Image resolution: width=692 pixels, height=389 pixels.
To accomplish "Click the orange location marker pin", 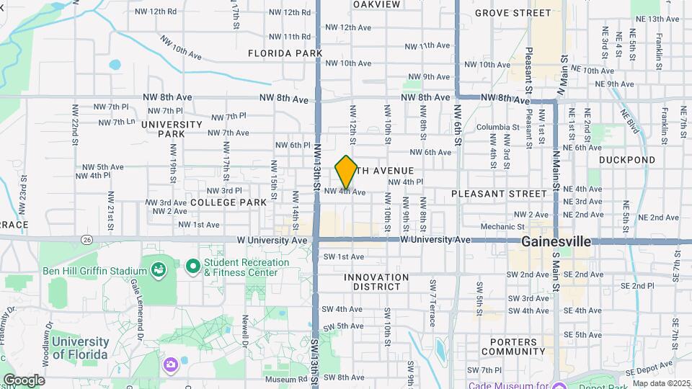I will point(346,172).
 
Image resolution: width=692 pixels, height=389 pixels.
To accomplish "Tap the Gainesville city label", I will point(556,241).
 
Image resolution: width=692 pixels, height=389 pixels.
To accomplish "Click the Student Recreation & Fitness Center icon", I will point(192,267).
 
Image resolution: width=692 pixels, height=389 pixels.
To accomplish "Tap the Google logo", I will point(23,380).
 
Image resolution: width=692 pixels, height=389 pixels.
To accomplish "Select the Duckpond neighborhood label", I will point(626,160).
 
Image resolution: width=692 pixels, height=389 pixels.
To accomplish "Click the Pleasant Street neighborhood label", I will point(499,194).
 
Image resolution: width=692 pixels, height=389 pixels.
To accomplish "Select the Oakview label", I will point(376,4).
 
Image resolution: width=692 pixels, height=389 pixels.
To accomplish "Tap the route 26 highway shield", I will point(87,239).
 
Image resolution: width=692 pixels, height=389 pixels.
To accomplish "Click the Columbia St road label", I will point(497,128).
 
